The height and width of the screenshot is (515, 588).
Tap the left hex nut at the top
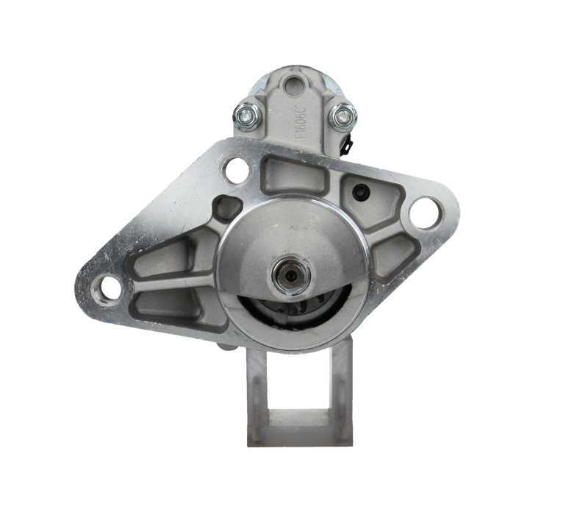point(247,115)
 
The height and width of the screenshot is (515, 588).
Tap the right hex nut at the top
point(342,116)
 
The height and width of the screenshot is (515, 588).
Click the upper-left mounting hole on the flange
point(236,171)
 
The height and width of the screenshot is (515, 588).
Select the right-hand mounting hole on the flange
point(425,213)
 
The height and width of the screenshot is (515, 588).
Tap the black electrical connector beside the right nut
point(347,143)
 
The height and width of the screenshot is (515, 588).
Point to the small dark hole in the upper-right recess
point(360,192)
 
